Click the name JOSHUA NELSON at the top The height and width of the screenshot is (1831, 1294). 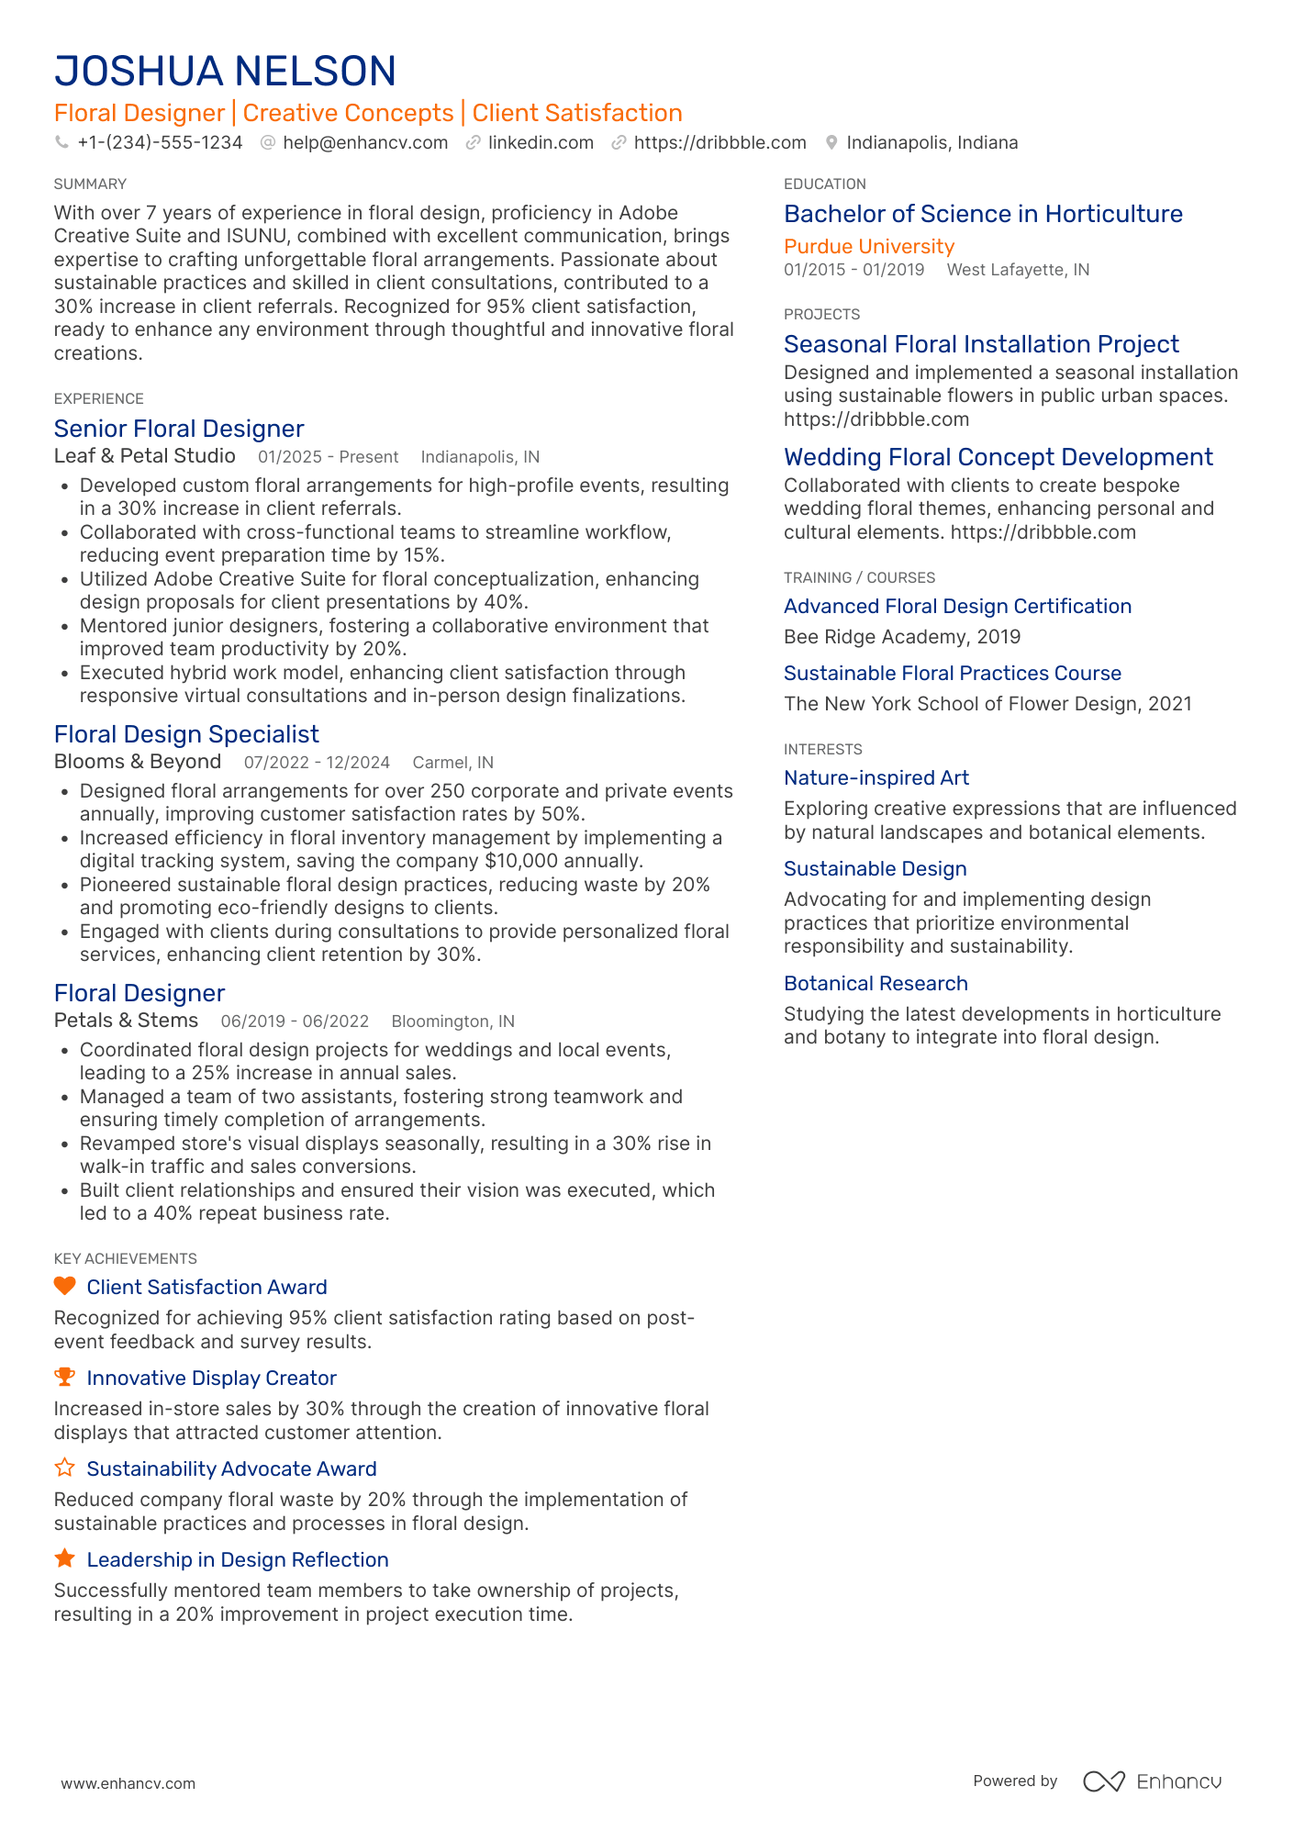[225, 72]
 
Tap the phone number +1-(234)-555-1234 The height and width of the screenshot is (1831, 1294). [160, 143]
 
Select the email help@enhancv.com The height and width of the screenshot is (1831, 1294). [365, 143]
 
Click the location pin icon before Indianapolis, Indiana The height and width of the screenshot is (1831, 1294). [831, 143]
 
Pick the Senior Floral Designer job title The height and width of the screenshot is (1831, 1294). [179, 429]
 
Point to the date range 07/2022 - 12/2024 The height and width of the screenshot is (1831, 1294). [317, 763]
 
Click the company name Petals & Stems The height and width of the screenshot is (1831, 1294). [126, 1021]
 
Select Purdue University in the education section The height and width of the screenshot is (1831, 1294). [868, 247]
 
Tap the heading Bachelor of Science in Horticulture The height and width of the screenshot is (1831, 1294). [982, 214]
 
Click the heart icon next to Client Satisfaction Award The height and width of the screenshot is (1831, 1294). [64, 1286]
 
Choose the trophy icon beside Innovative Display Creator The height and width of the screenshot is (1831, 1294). [64, 1377]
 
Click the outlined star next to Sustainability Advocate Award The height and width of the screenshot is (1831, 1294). [64, 1468]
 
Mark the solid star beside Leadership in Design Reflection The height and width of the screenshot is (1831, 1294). [64, 1558]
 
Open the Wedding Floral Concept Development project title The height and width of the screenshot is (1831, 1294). [998, 457]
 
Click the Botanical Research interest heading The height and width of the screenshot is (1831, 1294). [876, 984]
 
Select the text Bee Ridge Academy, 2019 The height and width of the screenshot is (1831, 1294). [901, 637]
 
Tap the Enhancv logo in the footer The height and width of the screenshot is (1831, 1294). [1152, 1781]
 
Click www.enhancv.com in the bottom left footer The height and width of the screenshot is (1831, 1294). [128, 1783]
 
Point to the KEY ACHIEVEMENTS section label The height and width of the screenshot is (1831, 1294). [125, 1259]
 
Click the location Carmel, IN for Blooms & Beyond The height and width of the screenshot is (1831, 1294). [452, 763]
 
